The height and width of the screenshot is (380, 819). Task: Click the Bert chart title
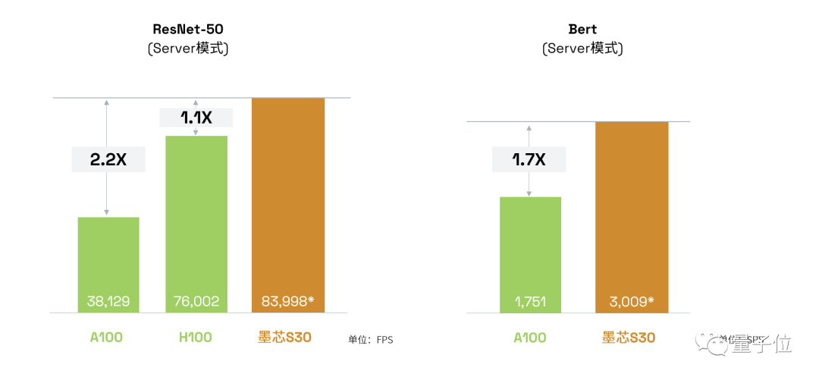tap(582, 30)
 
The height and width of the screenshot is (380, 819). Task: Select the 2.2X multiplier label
tap(108, 159)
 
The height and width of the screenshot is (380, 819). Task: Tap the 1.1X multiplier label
tap(196, 118)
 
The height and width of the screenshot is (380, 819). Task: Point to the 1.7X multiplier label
tap(529, 159)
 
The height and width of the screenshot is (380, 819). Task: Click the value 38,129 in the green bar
tap(108, 301)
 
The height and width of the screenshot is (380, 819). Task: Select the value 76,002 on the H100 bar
tap(196, 301)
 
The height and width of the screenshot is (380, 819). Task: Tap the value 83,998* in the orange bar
tap(287, 301)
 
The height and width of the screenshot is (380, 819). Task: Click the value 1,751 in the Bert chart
tap(530, 301)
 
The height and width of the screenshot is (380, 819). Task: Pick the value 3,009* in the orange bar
tap(631, 301)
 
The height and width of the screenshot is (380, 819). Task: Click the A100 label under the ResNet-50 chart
tap(108, 338)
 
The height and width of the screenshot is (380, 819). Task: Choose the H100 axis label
tap(196, 338)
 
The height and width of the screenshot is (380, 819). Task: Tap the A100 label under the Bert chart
tap(530, 338)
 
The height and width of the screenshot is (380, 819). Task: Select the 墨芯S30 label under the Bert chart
tap(629, 338)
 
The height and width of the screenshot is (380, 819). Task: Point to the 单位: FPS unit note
tap(371, 340)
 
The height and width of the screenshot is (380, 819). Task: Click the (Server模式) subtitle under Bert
tap(582, 49)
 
